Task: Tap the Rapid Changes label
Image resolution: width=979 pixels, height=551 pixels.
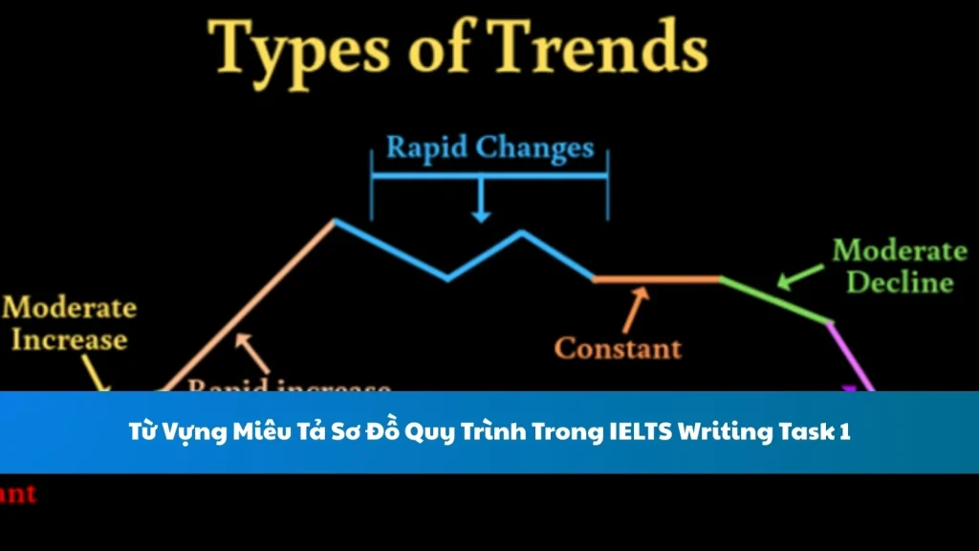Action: click(x=489, y=148)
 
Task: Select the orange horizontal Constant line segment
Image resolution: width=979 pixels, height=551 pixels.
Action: click(x=656, y=279)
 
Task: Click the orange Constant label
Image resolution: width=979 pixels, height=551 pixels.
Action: click(x=619, y=347)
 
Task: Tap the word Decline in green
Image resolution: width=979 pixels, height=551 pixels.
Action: click(x=900, y=283)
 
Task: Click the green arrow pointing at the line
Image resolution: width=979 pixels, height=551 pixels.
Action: click(x=799, y=276)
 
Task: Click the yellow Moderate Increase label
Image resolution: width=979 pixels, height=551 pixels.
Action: click(x=69, y=323)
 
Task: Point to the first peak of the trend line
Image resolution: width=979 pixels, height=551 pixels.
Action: click(x=335, y=221)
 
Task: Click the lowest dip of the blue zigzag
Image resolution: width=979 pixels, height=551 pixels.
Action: click(x=447, y=279)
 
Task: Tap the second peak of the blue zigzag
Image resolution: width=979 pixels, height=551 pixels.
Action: click(x=521, y=231)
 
